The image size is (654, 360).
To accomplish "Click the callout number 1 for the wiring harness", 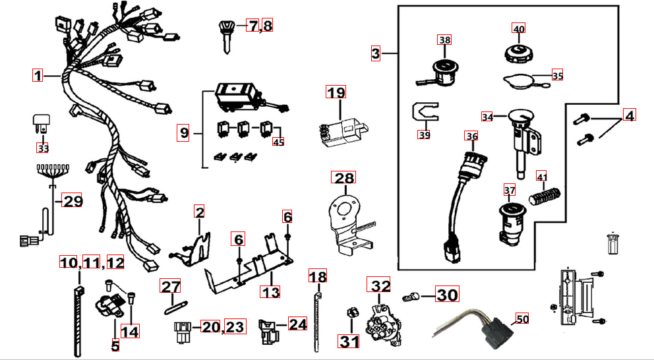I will pyautogui.click(x=38, y=75).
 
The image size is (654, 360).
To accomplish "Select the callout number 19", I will pyautogui.click(x=336, y=92).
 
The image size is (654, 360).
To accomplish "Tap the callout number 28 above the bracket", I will pyautogui.click(x=343, y=177).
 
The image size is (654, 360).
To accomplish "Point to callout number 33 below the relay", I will pyautogui.click(x=43, y=148).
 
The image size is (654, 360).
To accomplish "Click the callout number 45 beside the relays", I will pyautogui.click(x=280, y=141).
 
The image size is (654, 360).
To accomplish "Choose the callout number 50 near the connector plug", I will pyautogui.click(x=522, y=319).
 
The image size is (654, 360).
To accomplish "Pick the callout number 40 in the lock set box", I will pyautogui.click(x=519, y=29).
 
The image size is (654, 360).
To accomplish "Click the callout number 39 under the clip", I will pyautogui.click(x=424, y=135).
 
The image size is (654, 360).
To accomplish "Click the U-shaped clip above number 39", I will pyautogui.click(x=425, y=111).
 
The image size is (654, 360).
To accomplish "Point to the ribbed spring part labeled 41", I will pyautogui.click(x=545, y=195).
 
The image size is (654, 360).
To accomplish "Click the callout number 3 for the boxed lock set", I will pyautogui.click(x=375, y=53).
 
